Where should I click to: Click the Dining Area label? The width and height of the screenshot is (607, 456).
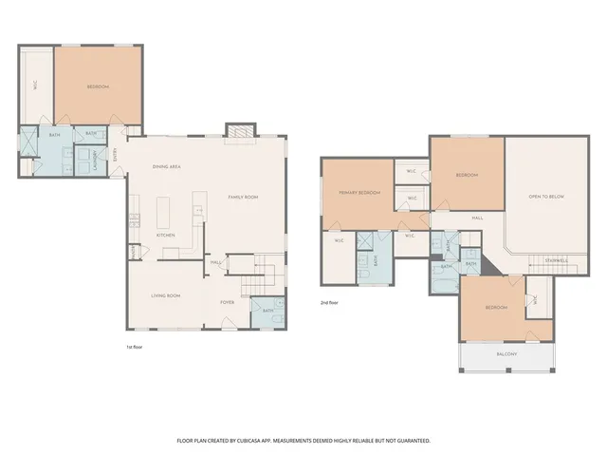pyautogui.click(x=167, y=167)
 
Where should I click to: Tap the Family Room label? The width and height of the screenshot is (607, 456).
pyautogui.click(x=243, y=197)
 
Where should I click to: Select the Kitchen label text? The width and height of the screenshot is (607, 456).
pyautogui.click(x=165, y=235)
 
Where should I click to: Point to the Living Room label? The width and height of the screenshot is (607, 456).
pyautogui.click(x=165, y=295)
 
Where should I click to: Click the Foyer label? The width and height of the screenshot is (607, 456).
pyautogui.click(x=228, y=302)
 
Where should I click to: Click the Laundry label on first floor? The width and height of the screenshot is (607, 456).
pyautogui.click(x=96, y=166)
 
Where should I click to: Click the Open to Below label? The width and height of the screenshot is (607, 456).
pyautogui.click(x=546, y=196)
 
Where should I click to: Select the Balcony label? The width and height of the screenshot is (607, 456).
pyautogui.click(x=507, y=354)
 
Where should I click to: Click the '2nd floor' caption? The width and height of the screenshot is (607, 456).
pyautogui.click(x=329, y=302)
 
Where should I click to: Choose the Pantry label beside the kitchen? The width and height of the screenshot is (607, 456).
pyautogui.click(x=135, y=252)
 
